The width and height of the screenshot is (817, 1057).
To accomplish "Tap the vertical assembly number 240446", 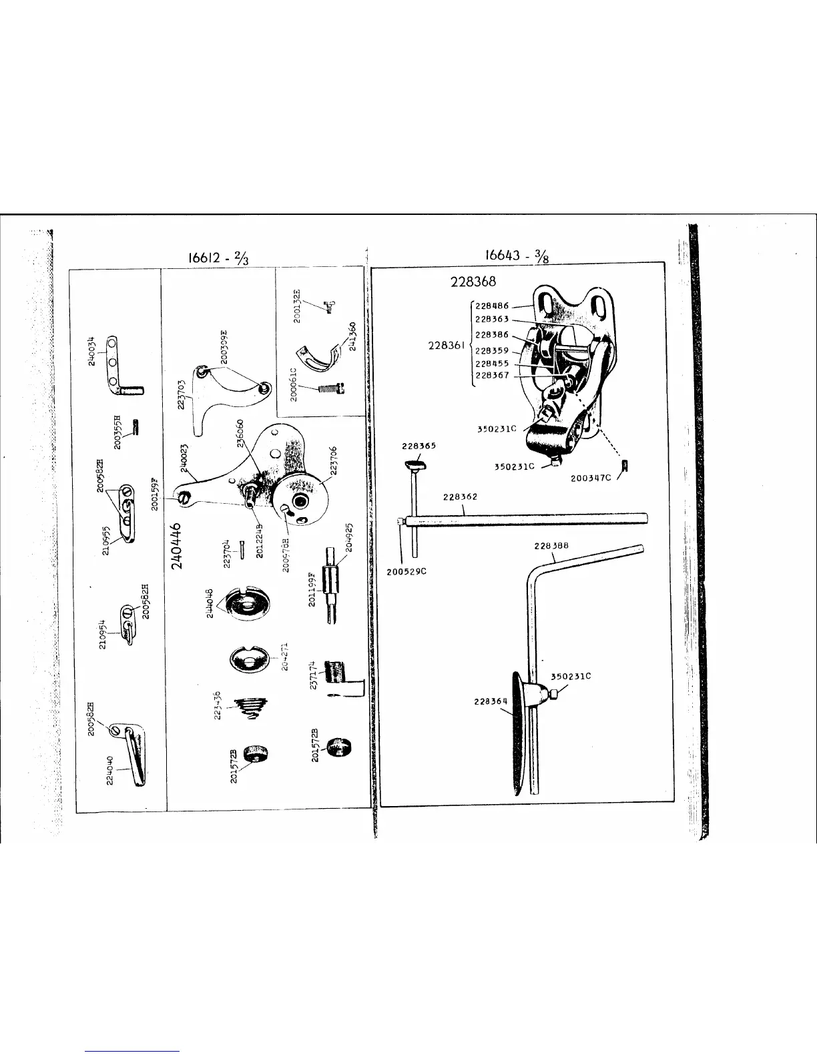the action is point(178,545).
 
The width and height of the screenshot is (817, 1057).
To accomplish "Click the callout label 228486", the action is point(493,306).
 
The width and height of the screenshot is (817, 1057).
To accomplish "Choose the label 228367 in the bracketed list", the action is point(493,376).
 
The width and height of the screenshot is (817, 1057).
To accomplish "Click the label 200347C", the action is point(591,478).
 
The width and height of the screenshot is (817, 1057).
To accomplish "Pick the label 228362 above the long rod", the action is point(460,497).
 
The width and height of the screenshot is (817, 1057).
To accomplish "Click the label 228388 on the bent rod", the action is point(551,546).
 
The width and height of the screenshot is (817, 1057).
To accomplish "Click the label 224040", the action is point(111,771).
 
